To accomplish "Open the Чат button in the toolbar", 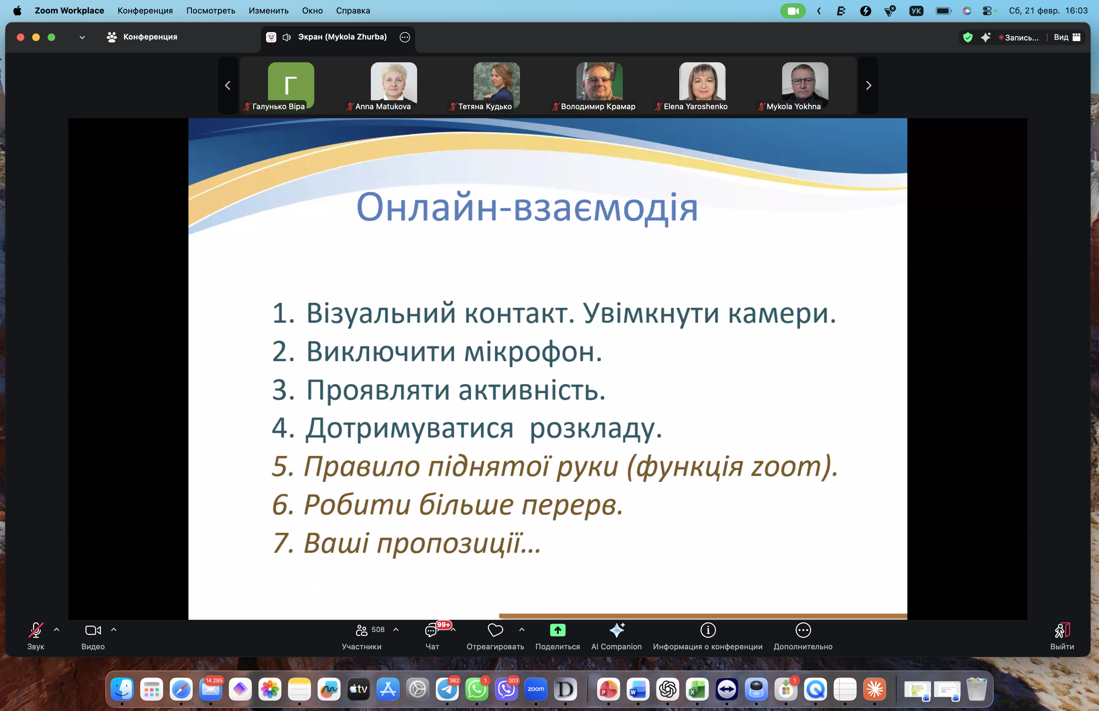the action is pos(431,630).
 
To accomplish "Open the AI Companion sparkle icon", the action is pos(616,630).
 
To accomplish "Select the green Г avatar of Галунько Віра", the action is pos(291,83).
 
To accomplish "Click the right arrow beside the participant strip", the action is pos(868,85).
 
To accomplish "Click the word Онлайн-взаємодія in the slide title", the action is pos(526,208).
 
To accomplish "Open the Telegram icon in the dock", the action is pos(447,689).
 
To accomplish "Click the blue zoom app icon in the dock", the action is pos(536,689).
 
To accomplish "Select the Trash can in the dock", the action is pos(976,689).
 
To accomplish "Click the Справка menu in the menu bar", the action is pos(353,11).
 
